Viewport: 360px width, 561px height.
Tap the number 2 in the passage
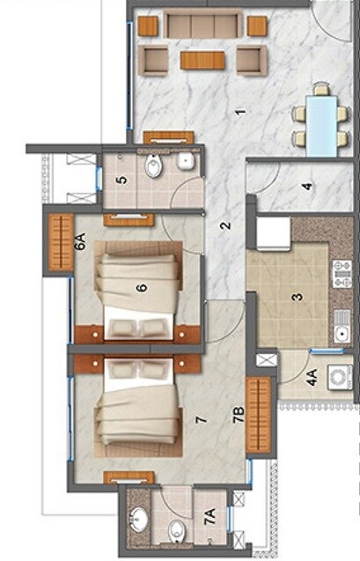pyautogui.click(x=225, y=226)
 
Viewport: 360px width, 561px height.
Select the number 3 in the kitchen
pyautogui.click(x=298, y=296)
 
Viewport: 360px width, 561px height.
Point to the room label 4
pyautogui.click(x=306, y=186)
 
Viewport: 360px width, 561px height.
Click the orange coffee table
pyautogui.click(x=202, y=60)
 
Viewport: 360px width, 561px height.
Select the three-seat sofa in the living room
pyautogui.click(x=202, y=24)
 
